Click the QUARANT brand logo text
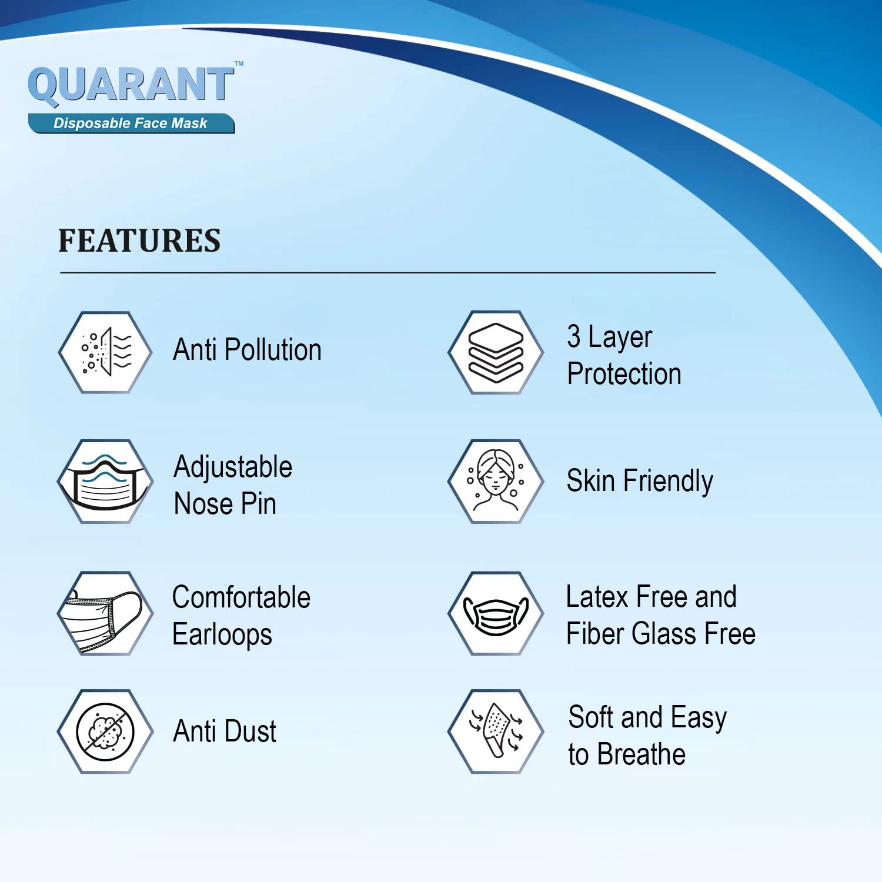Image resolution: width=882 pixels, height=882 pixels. (131, 85)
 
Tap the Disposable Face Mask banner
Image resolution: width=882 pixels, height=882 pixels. (131, 123)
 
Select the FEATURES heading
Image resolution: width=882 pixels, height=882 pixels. (139, 241)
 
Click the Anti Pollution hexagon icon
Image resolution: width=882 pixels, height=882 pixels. (105, 352)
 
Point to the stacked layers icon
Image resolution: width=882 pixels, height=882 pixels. (496, 352)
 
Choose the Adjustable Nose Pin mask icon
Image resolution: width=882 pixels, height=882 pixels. (105, 482)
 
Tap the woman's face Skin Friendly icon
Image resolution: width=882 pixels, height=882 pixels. (496, 482)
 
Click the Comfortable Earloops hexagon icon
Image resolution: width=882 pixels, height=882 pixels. (105, 613)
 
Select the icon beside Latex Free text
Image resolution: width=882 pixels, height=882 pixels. (496, 613)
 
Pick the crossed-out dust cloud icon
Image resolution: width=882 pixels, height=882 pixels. (105, 731)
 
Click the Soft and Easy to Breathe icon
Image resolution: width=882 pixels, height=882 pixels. (496, 731)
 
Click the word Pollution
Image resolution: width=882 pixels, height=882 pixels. (273, 350)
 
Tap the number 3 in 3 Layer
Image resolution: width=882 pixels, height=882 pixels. (574, 336)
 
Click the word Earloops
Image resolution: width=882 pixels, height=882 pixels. (222, 635)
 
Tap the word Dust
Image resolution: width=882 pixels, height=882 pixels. (250, 731)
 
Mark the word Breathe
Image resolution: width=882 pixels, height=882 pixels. (642, 754)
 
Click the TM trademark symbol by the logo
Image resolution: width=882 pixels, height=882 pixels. (239, 64)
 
